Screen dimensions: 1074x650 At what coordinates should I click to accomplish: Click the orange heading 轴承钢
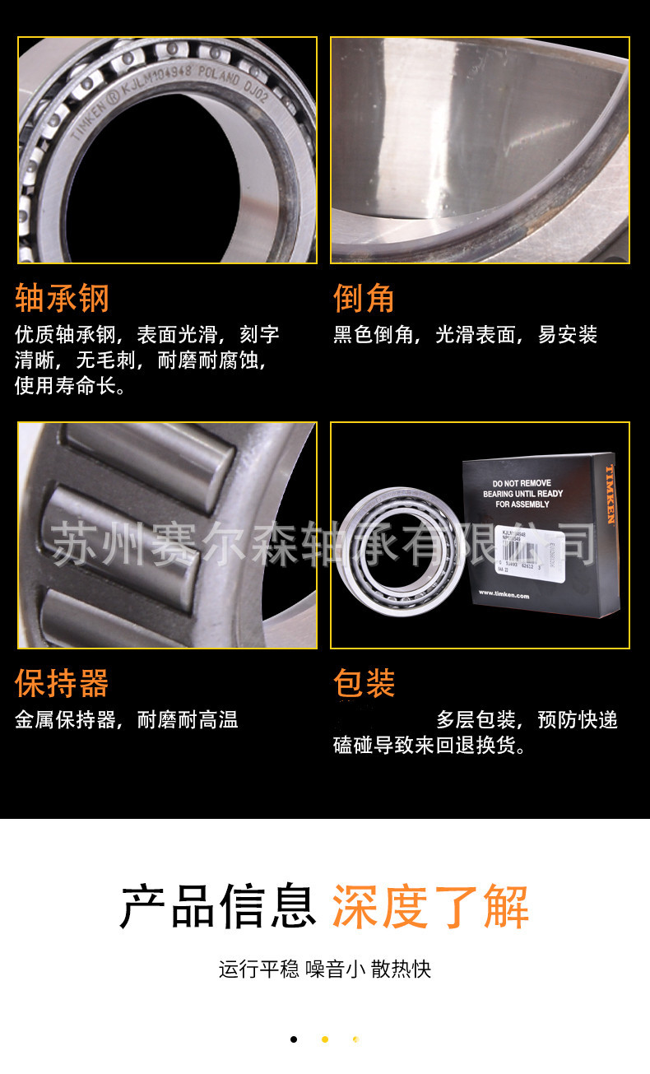pos(62,298)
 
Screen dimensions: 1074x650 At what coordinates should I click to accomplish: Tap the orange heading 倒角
pos(364,298)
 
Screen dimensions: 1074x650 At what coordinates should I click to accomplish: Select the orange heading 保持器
pos(62,683)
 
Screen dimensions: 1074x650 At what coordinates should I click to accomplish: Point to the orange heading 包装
pos(364,683)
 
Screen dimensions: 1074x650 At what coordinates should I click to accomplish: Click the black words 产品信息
pos(218,906)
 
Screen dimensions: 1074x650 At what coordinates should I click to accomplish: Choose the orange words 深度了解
pos(430,906)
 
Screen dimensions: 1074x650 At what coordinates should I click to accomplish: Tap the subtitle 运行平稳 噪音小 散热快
pos(325,969)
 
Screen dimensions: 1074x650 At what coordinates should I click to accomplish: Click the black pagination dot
pos(294,1039)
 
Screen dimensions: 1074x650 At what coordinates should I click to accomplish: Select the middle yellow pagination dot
pos(325,1039)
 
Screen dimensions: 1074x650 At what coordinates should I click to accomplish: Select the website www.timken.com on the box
pos(504,594)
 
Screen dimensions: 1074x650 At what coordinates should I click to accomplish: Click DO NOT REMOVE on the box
pos(522,483)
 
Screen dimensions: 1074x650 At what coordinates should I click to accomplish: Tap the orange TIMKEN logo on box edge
pos(611,494)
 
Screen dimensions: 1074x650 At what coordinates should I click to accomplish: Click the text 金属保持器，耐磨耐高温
pos(127,720)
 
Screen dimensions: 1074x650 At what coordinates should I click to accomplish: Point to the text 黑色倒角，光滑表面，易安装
pos(465,335)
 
